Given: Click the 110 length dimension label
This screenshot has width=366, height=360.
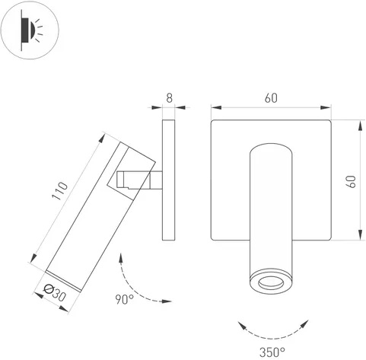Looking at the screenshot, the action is point(60,191).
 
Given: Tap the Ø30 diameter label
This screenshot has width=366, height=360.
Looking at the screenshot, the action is point(55,293).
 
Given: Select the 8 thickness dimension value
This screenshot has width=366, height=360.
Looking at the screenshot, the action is point(170,98).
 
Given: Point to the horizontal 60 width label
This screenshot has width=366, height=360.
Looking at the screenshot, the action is point(271,98).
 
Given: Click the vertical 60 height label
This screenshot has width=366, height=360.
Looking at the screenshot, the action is point(352,181).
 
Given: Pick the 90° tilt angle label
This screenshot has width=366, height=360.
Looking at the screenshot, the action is point(125,299).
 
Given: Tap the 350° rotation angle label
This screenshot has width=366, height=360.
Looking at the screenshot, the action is point(272,352).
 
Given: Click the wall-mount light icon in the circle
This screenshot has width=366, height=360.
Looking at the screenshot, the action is point(30,30).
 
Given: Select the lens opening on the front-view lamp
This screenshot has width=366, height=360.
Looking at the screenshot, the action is point(271,282).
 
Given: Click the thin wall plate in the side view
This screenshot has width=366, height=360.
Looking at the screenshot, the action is point(168,180).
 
